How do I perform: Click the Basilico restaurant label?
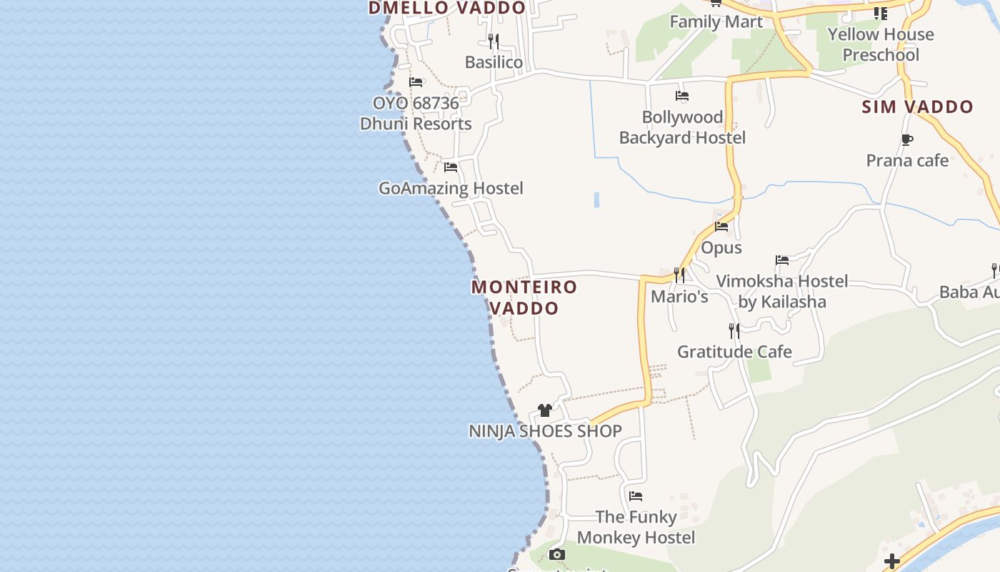coord(494,62)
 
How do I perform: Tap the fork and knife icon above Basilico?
coord(494,40)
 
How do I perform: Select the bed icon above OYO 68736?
coord(416,82)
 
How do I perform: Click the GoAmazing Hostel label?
coord(451,188)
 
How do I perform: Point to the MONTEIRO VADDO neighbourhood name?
coord(524,297)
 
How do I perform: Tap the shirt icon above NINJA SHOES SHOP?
coord(545,410)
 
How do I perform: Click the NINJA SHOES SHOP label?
coord(545,431)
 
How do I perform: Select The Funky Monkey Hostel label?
coord(636,527)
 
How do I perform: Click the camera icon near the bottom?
coord(557,554)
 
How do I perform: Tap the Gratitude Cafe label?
coord(734,352)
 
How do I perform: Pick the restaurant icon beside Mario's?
coord(679,275)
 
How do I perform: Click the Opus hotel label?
coord(721,247)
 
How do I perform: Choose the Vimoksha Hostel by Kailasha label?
coord(782,291)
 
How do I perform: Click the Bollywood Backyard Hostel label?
coord(682,127)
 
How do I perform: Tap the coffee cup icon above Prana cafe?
coord(907,139)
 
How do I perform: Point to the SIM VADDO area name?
coord(917,107)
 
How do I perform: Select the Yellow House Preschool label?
coord(881,44)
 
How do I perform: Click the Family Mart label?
coord(716,21)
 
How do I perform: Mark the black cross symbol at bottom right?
coord(891,561)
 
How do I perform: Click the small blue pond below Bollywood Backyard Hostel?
coord(596,200)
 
